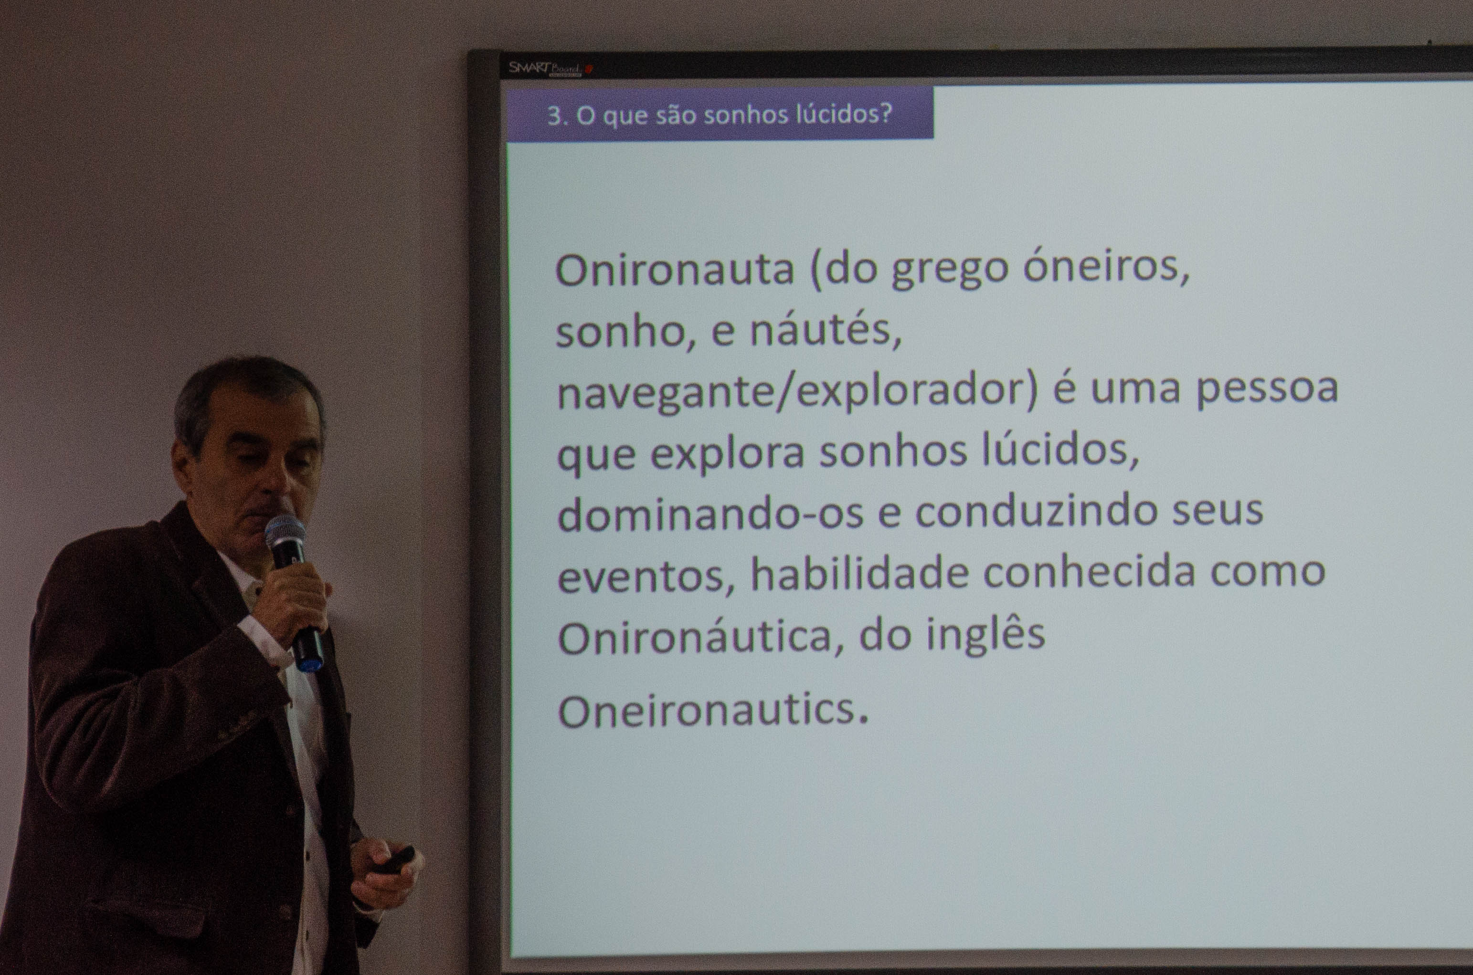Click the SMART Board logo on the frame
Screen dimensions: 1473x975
click(x=547, y=68)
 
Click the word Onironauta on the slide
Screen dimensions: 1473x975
click(x=675, y=270)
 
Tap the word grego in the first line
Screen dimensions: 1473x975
click(x=949, y=271)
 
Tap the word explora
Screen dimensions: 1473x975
click(x=728, y=453)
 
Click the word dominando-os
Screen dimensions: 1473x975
click(x=710, y=513)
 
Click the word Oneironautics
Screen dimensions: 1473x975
click(x=712, y=710)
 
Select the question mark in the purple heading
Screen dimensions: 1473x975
click(x=886, y=113)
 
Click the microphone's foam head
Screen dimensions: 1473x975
click(x=286, y=533)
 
